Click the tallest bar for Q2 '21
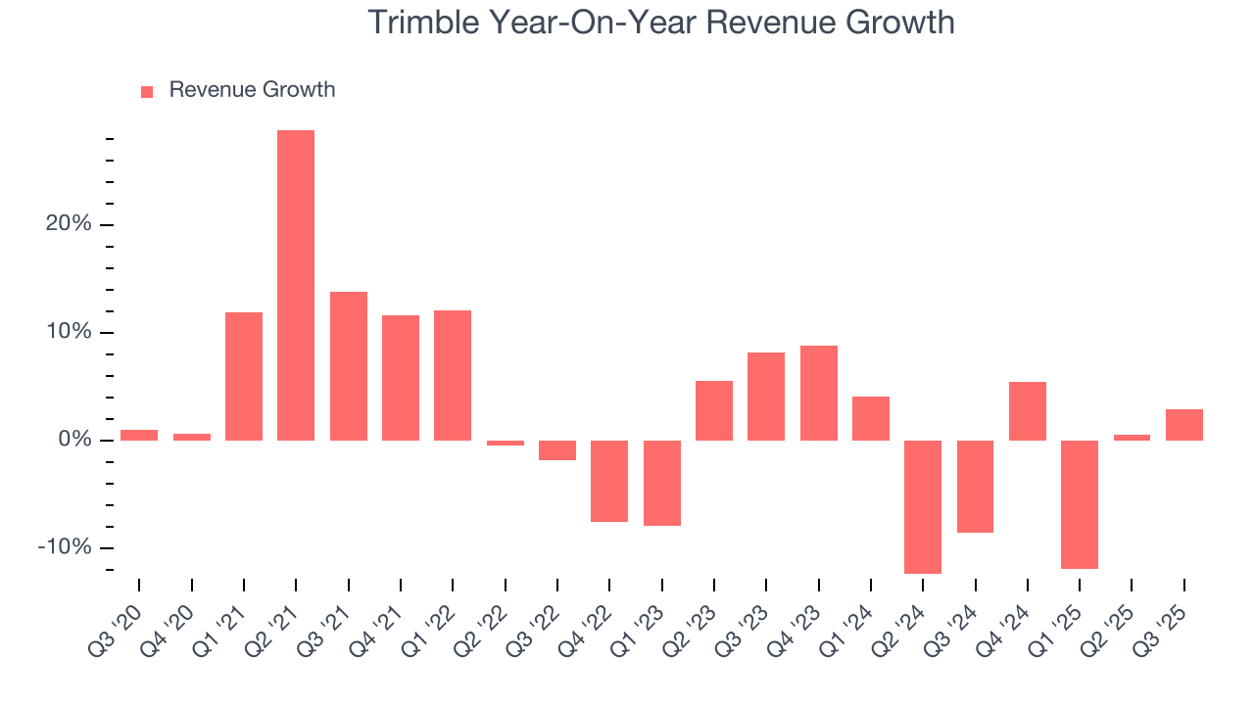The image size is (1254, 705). (296, 285)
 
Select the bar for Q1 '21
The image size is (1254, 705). (244, 376)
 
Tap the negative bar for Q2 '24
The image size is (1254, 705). (923, 506)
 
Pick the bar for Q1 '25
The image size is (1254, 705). (1080, 504)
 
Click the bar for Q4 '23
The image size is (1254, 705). (819, 393)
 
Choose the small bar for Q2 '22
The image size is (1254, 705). (506, 443)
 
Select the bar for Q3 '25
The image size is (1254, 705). (1184, 425)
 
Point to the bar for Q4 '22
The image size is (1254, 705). (609, 481)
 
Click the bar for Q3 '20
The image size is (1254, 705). (139, 435)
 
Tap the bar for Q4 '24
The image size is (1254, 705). (1028, 411)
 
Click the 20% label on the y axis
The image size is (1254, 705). (68, 224)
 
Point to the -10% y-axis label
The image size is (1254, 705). (64, 547)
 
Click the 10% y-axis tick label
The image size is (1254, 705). (68, 332)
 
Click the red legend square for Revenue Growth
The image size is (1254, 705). (147, 91)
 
